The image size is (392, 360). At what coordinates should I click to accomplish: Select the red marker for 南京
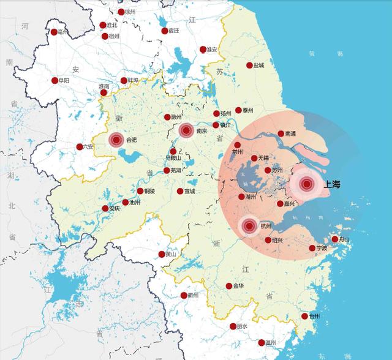(186, 130)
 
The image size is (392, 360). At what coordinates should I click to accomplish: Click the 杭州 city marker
(249, 227)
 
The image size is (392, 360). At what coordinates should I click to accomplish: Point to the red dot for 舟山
(334, 239)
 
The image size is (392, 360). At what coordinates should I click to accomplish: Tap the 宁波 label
(322, 248)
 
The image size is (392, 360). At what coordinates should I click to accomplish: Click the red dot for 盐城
(249, 65)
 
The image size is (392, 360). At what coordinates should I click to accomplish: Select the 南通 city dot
(281, 133)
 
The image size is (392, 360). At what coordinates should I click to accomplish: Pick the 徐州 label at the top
(130, 12)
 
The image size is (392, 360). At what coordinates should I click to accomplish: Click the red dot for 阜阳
(55, 80)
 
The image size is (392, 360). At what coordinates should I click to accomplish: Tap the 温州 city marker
(262, 343)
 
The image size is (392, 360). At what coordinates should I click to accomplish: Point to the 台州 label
(314, 317)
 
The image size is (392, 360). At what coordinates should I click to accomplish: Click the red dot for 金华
(229, 286)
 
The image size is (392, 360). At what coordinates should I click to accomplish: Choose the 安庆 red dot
(104, 208)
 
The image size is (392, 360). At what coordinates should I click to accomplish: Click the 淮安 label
(212, 49)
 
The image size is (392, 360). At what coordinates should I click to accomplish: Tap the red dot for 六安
(80, 146)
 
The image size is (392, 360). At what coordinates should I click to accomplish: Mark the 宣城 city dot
(180, 191)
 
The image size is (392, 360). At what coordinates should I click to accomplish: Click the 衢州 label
(194, 296)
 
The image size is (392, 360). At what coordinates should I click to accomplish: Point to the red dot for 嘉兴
(280, 204)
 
